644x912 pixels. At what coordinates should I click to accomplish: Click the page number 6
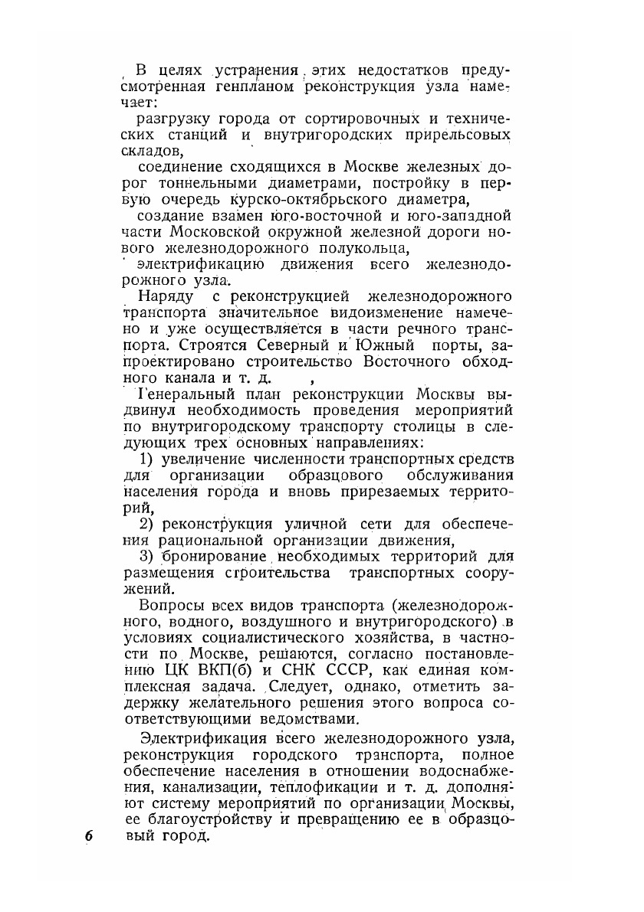pos(90,835)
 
